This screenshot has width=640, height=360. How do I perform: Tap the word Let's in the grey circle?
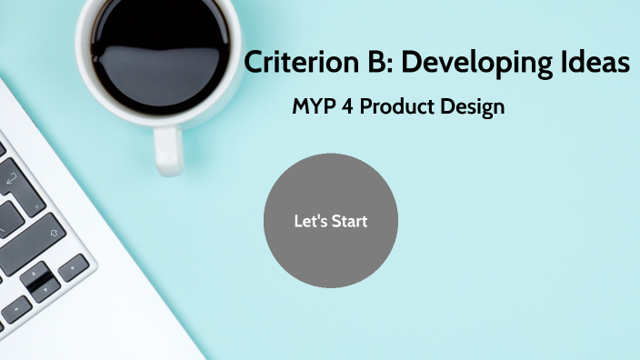[310, 221]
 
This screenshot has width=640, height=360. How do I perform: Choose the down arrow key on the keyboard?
[45, 287]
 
